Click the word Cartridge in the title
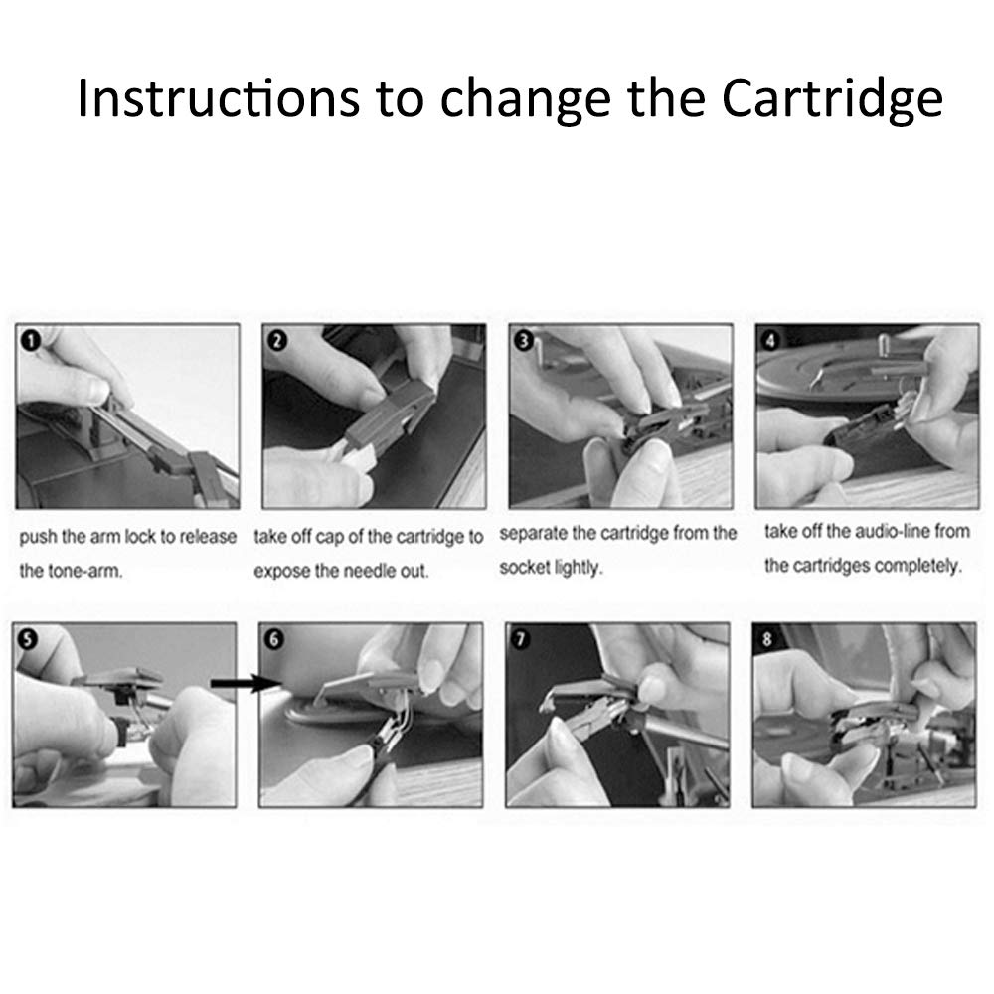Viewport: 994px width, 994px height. (x=832, y=98)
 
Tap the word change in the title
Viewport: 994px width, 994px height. (x=526, y=100)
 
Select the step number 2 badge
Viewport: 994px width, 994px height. (x=277, y=341)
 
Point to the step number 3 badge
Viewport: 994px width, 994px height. (x=524, y=341)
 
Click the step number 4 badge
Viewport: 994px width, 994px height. (x=770, y=341)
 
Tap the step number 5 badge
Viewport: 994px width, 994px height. (x=27, y=639)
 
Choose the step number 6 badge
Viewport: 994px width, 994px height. (x=274, y=639)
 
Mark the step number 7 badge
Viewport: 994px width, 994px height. (x=521, y=639)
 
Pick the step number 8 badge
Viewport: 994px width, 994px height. (x=767, y=639)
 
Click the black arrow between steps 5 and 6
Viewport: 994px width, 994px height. (x=246, y=684)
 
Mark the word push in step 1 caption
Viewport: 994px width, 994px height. (x=38, y=537)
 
